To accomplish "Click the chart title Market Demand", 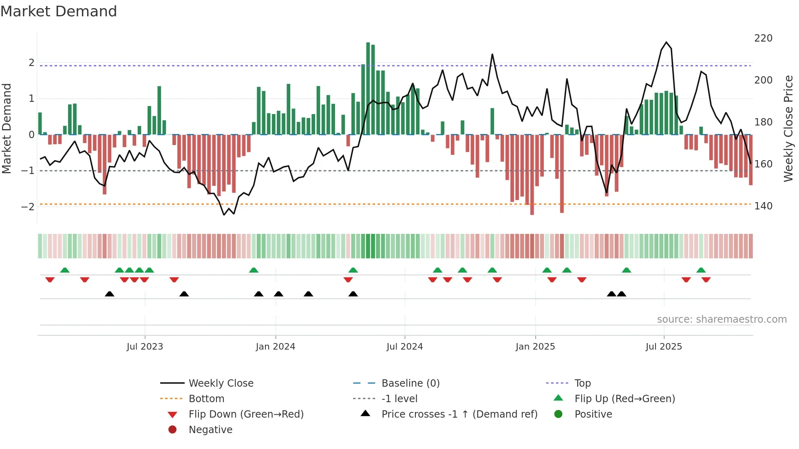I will click(x=59, y=11).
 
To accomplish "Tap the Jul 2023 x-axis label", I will click(x=145, y=347).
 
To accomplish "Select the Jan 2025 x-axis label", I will click(x=535, y=347).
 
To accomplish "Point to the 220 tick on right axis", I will click(x=763, y=38).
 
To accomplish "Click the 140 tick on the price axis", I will click(x=763, y=206).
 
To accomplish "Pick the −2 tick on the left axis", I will click(x=28, y=207).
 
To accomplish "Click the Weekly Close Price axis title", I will click(x=788, y=128).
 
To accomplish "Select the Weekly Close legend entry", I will click(x=221, y=383).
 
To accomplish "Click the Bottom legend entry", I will click(x=206, y=399).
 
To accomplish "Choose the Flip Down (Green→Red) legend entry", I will click(x=246, y=414).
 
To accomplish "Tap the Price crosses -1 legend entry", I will click(x=459, y=414).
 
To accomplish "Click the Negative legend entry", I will click(x=210, y=430).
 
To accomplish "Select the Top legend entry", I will click(x=582, y=383).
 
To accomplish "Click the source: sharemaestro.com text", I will click(x=722, y=319).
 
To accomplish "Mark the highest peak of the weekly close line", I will click(x=666, y=42).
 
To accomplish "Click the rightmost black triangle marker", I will click(x=621, y=294).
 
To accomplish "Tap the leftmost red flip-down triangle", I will click(x=50, y=280).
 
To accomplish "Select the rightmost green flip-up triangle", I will click(x=701, y=270).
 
